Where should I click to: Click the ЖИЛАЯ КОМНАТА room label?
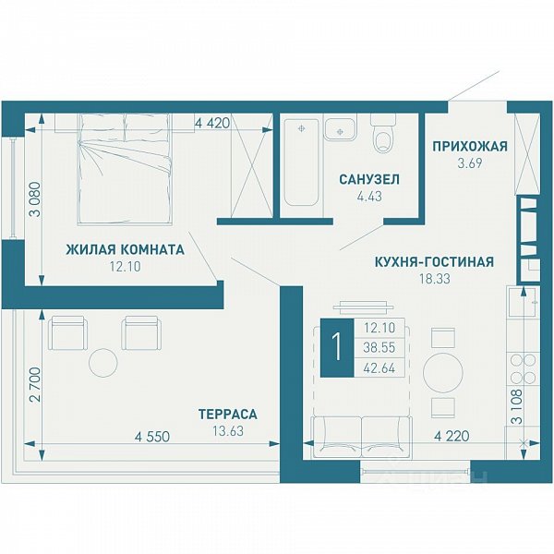point(125,249)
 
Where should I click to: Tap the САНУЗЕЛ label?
point(369,179)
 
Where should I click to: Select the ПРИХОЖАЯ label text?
point(470,146)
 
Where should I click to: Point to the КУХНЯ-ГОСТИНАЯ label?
point(434,262)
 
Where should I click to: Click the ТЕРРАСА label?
point(228,414)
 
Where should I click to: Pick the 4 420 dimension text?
point(212,123)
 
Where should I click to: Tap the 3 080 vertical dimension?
point(36,199)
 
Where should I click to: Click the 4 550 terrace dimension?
point(152,437)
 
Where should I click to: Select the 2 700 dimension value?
point(36,385)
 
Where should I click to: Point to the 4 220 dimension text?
point(452,436)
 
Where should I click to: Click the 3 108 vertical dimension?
point(518,406)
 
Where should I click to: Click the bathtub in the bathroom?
point(301,163)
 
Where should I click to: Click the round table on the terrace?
point(102,363)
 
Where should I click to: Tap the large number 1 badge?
point(337,347)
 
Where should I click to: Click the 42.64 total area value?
point(379,368)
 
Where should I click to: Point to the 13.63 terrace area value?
point(228,431)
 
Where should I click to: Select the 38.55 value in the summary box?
point(379,348)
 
